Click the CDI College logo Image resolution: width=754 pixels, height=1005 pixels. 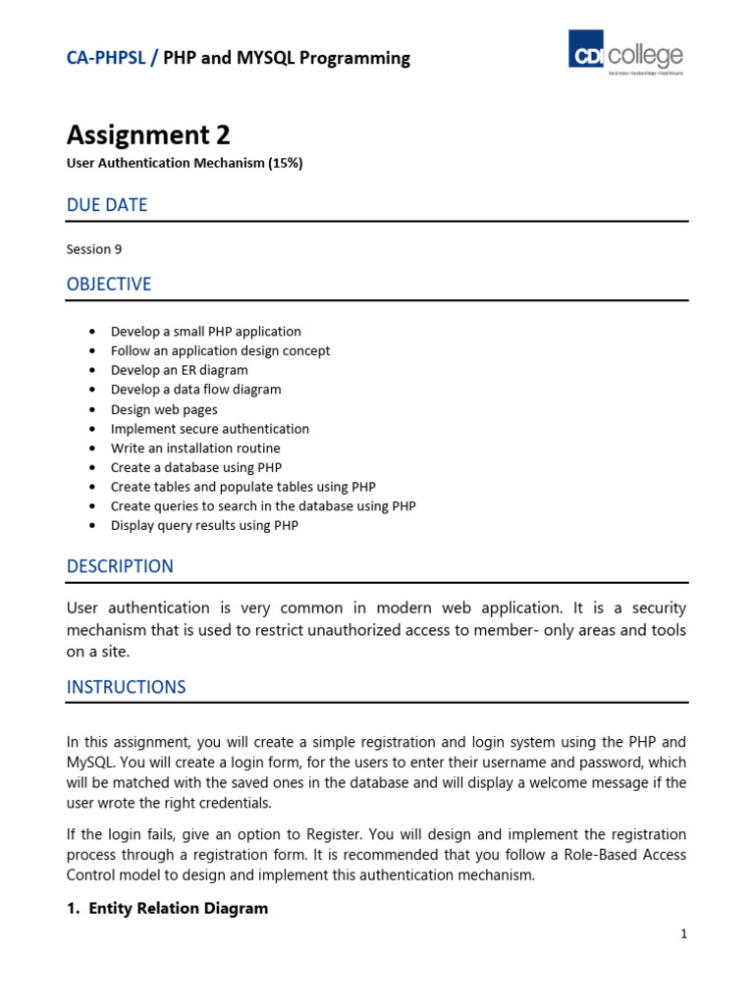click(626, 53)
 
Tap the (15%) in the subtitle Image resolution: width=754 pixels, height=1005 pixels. click(286, 163)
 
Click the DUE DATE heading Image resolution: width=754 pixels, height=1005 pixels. click(107, 205)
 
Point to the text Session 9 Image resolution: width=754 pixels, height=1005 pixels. click(94, 249)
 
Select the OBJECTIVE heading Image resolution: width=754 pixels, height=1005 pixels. click(109, 285)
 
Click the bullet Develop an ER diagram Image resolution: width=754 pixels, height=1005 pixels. click(179, 370)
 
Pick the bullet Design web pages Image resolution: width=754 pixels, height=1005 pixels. click(164, 409)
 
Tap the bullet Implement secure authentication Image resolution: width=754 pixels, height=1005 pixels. click(209, 429)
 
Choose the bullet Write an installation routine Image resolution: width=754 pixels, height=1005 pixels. click(195, 449)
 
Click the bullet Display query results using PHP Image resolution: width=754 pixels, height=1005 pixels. click(204, 525)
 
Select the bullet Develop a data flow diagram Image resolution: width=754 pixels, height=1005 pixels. click(195, 390)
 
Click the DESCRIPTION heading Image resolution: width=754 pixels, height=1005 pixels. click(120, 566)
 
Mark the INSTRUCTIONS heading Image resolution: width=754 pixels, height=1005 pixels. click(126, 687)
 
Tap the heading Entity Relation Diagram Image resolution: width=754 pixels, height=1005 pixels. click(178, 909)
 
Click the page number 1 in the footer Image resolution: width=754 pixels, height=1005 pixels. click(683, 934)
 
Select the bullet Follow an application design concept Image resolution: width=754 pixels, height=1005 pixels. click(220, 350)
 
